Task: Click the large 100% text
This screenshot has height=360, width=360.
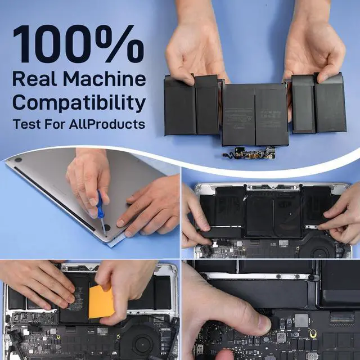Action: point(79,44)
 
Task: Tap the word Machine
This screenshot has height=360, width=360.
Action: point(105,79)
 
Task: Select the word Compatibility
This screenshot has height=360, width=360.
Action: point(79,102)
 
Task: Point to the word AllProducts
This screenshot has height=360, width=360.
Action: point(107,124)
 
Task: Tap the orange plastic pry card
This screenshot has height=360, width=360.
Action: point(101,302)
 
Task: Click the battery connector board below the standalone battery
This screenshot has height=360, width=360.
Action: point(249,154)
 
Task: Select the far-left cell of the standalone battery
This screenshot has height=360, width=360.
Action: point(180,106)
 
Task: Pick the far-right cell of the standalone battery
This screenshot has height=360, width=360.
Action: point(330,103)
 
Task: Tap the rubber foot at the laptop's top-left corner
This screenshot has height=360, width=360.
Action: point(18,160)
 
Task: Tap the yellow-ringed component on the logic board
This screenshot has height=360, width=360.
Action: point(313,334)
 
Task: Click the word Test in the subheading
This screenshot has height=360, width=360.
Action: point(27,124)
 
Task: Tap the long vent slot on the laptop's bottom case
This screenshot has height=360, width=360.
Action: point(55,199)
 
